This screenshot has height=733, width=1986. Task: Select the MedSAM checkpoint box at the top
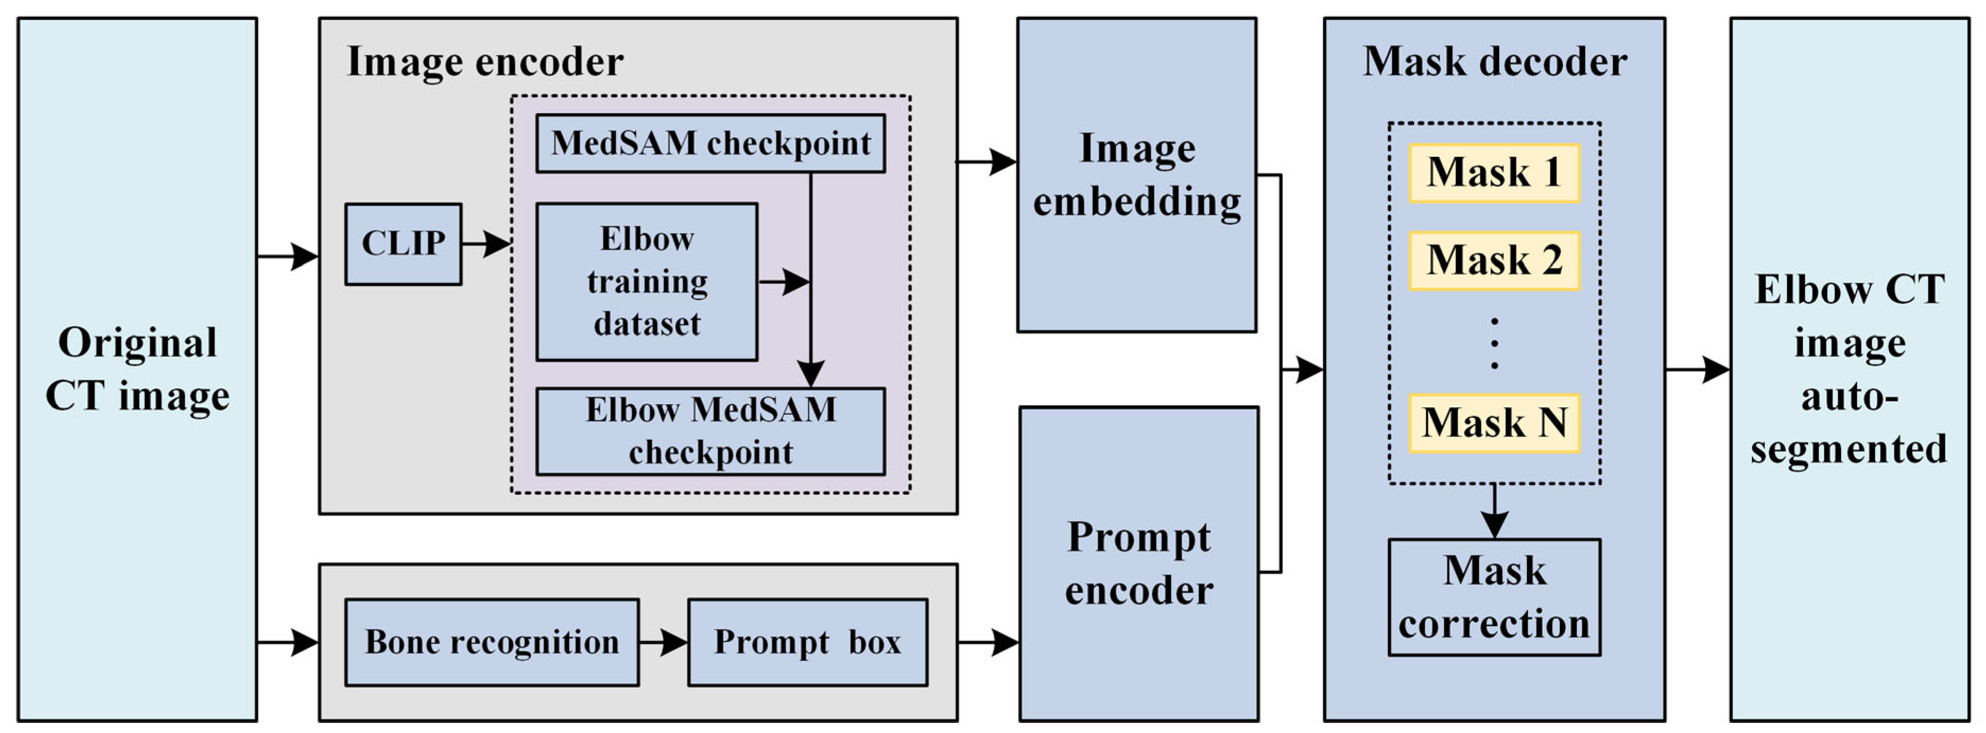pyautogui.click(x=710, y=143)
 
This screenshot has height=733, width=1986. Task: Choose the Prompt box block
pyautogui.click(x=807, y=642)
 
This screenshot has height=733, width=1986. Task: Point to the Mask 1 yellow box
pyautogui.click(x=1494, y=173)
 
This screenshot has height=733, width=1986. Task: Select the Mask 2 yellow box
pyautogui.click(x=1494, y=260)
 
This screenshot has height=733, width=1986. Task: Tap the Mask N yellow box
pyautogui.click(x=1494, y=423)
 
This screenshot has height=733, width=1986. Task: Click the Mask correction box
pyautogui.click(x=1494, y=597)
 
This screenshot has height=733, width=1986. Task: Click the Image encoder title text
pyautogui.click(x=485, y=62)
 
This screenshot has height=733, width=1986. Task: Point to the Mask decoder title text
pyautogui.click(x=1494, y=62)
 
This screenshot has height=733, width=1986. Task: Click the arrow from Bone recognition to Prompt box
pyautogui.click(x=663, y=642)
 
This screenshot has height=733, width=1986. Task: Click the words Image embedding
pyautogui.click(x=1136, y=175)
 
